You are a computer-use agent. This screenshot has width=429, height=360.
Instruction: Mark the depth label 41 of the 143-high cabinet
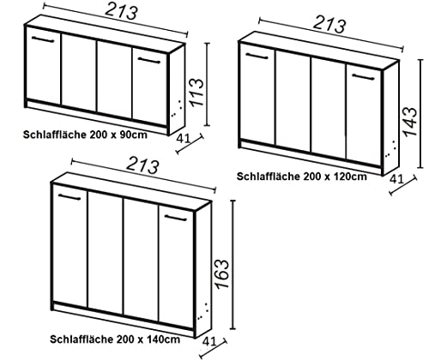click(396, 180)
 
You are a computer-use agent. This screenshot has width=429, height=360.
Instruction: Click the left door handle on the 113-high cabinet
click(42, 39)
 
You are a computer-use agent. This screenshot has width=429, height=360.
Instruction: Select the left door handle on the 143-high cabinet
click(257, 57)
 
